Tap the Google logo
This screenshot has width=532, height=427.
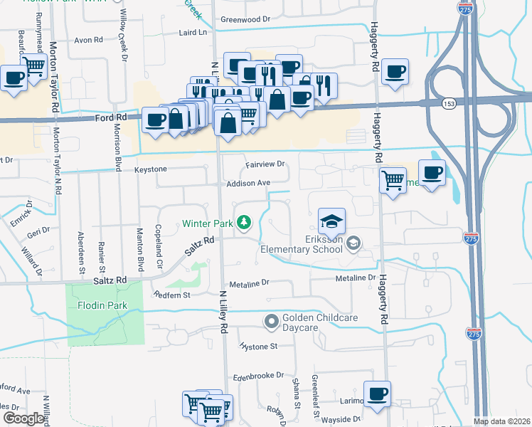pos(23,418)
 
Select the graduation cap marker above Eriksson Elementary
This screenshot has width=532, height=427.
pos(331,223)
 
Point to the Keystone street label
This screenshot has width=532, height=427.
pos(151,169)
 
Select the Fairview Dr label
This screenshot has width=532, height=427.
pos(265,164)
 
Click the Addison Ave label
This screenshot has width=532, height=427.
pos(248,183)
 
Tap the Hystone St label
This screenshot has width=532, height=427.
pos(258,347)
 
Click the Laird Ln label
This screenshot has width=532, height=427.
pos(192,32)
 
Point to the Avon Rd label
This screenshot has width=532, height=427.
pos(90,41)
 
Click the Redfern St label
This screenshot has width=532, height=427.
pos(172,295)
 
